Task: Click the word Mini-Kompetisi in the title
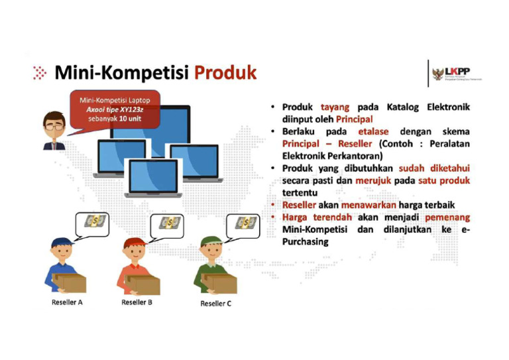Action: point(122,72)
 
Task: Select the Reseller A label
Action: point(67,302)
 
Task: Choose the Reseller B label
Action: point(137,302)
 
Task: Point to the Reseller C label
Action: point(216,304)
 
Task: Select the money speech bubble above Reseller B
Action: point(170,223)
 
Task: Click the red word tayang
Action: point(335,107)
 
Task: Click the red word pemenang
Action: point(447,217)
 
